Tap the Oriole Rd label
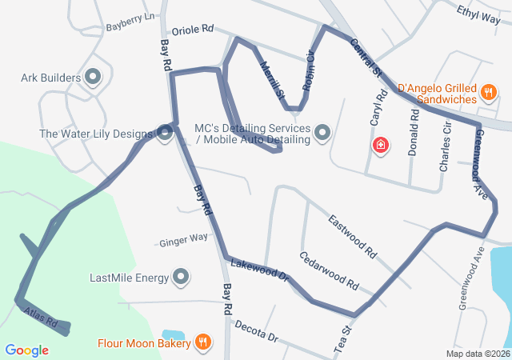(x=193, y=28)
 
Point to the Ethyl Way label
(x=478, y=12)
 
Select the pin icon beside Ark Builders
(x=93, y=78)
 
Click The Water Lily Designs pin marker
(x=165, y=133)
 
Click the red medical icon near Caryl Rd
(x=382, y=145)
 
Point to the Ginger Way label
(x=183, y=239)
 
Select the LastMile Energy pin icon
(x=182, y=278)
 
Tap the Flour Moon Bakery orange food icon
(x=203, y=343)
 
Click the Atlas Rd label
(x=42, y=317)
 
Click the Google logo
(x=26, y=350)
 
